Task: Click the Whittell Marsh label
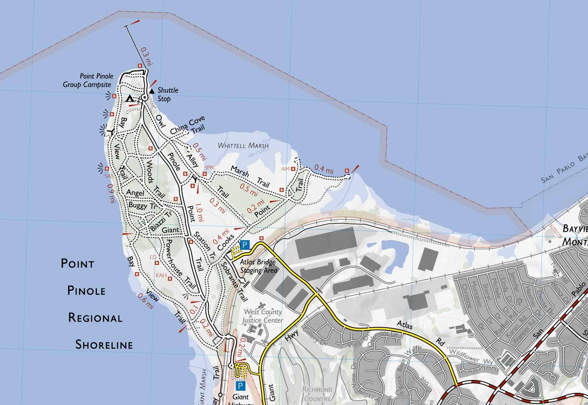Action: [x=243, y=145]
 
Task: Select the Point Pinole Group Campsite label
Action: [x=88, y=81]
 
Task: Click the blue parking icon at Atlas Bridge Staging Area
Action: [x=245, y=245]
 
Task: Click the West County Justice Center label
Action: [x=262, y=316]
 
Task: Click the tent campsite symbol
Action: [x=129, y=98]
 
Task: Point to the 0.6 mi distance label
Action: [x=146, y=301]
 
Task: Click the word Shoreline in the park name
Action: [x=104, y=345]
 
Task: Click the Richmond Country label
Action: [x=318, y=394]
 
